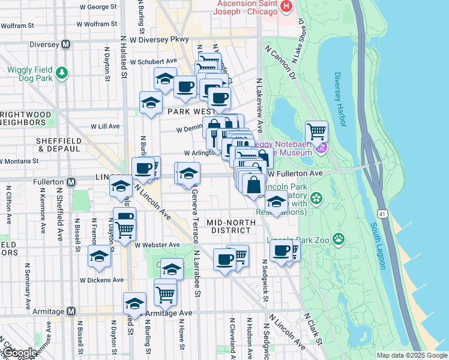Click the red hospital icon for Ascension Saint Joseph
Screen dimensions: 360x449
click(286, 7)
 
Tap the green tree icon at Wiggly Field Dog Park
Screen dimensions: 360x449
click(61, 73)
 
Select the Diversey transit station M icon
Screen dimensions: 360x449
click(66, 44)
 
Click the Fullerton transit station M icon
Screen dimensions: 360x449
click(71, 182)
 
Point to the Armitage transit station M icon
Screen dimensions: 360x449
click(71, 311)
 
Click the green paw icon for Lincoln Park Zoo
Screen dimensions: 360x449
click(339, 239)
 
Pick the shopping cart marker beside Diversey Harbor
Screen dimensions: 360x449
click(316, 131)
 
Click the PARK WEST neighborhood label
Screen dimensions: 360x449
click(191, 112)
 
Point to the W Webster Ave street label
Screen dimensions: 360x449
click(157, 245)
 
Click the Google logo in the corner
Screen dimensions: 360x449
click(21, 353)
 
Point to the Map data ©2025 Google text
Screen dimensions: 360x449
click(411, 355)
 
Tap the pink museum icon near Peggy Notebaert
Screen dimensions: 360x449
click(322, 148)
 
